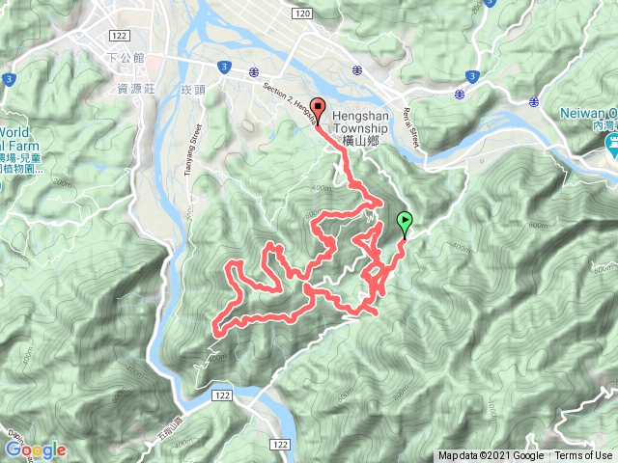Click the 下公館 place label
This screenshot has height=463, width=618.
(128, 58)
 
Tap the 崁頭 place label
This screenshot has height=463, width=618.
(194, 89)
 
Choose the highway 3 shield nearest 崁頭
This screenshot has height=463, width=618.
(224, 66)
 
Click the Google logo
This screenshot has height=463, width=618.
(35, 449)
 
